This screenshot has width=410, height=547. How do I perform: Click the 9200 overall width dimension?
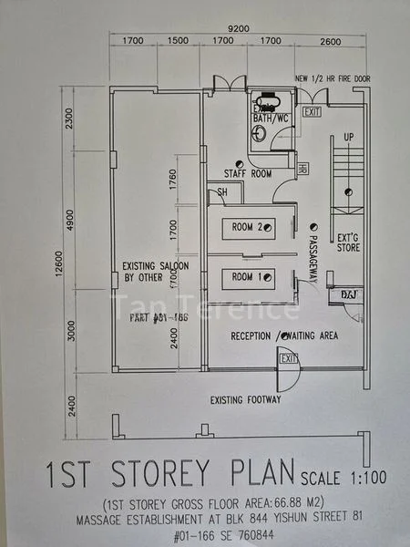(239, 28)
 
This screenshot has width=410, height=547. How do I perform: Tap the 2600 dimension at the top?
(331, 41)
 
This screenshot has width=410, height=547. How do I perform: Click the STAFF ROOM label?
(248, 173)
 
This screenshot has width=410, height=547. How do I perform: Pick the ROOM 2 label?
(247, 227)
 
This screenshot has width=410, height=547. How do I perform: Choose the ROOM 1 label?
(247, 276)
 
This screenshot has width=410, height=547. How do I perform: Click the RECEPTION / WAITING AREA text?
(283, 335)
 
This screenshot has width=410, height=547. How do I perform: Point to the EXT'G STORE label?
(348, 241)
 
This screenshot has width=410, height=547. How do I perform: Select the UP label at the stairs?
(349, 137)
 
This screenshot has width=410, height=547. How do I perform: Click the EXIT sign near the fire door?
(313, 111)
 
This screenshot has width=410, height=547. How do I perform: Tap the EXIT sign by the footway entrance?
(289, 359)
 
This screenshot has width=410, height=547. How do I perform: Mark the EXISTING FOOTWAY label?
(245, 399)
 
